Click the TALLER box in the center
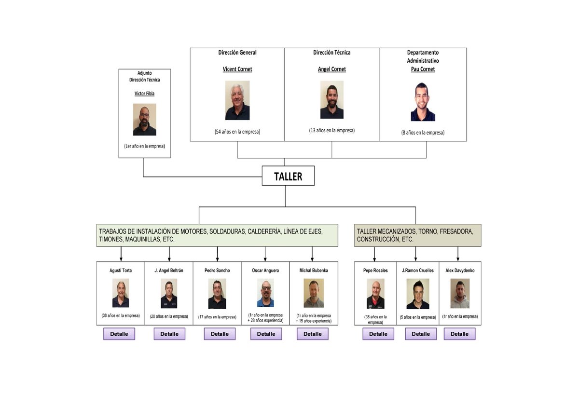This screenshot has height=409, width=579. [x=288, y=176]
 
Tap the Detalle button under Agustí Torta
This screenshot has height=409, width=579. [x=119, y=334]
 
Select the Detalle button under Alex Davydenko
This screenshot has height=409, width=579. [x=459, y=334]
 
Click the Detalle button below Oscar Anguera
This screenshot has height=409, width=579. [x=266, y=334]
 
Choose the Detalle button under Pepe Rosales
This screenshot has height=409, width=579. [x=378, y=334]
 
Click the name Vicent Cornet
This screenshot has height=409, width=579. [x=237, y=69]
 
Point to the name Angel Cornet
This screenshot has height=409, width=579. [x=332, y=69]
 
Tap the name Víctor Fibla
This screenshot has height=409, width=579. [x=144, y=93]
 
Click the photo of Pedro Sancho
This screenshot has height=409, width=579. [x=217, y=294]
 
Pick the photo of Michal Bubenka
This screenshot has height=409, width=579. [x=314, y=293]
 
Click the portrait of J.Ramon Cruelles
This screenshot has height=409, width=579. [x=417, y=294]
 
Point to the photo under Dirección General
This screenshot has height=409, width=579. [x=237, y=100]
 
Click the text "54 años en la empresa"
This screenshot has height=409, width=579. [x=237, y=131]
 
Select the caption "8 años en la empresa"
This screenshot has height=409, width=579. [x=423, y=132]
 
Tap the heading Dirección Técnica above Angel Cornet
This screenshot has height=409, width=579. [x=332, y=53]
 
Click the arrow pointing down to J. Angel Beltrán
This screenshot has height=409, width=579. [x=169, y=254]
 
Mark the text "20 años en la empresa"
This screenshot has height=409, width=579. [x=169, y=316]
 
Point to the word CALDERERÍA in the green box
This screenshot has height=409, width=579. [x=264, y=232]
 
